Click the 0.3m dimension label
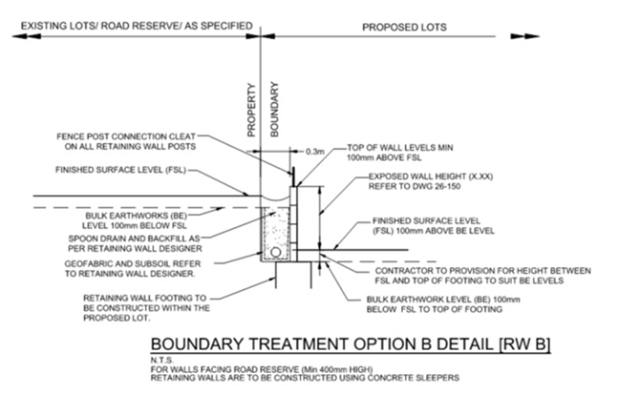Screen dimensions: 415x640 coord(315,151)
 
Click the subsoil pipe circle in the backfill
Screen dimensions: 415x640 coord(278,253)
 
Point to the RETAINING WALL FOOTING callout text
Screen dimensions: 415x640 coord(146,307)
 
